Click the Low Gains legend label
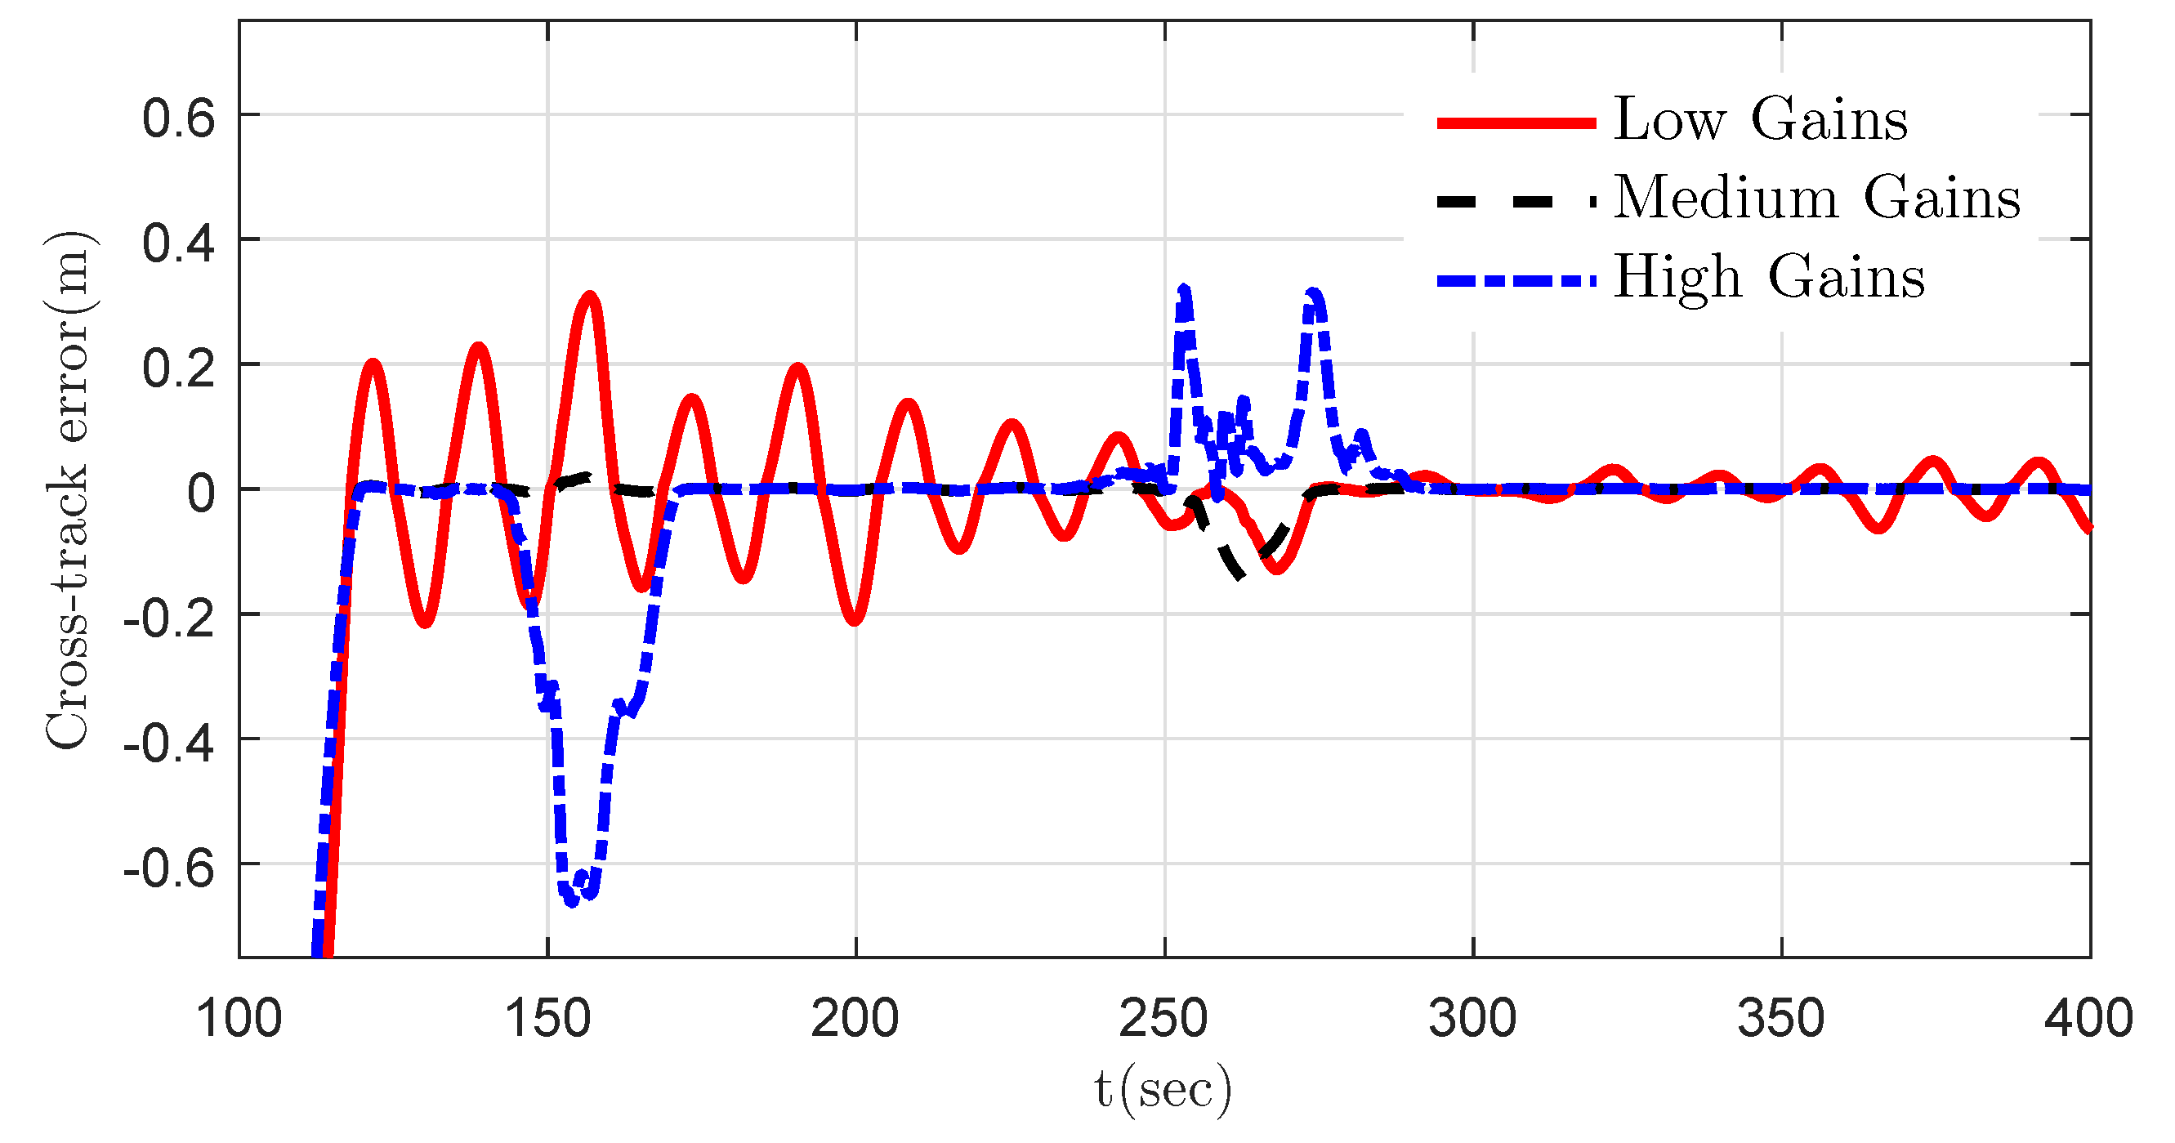pos(1760,119)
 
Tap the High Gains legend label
pos(1769,277)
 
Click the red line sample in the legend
pos(1516,123)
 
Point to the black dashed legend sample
pos(1516,202)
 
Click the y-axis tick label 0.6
pos(178,118)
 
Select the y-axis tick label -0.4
pos(169,742)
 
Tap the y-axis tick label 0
pos(201,492)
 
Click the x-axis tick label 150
pos(547,1019)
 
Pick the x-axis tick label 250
pos(1163,1019)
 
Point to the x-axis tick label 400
pos(2088,1019)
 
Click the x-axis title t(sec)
pos(1163,1090)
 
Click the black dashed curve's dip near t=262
pos(1238,576)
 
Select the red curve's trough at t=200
pos(855,621)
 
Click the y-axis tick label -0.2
pos(169,617)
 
